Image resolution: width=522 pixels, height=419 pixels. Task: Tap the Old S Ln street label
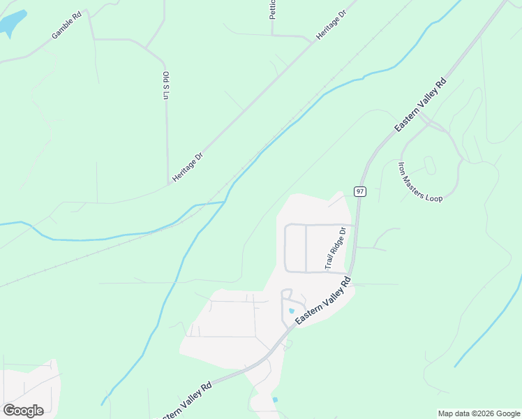click(x=166, y=85)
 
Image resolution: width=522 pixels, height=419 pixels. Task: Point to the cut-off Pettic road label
click(x=273, y=9)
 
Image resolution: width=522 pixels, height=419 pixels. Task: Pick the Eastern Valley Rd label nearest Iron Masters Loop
click(x=420, y=105)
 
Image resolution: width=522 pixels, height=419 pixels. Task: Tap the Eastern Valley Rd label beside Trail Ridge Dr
click(x=322, y=300)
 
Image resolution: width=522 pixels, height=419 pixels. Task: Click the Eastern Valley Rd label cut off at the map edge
click(x=186, y=400)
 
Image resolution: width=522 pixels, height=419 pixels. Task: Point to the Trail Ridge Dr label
click(x=336, y=249)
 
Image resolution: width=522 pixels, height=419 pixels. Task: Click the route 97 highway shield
click(x=359, y=191)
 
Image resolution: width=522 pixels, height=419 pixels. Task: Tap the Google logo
click(x=23, y=410)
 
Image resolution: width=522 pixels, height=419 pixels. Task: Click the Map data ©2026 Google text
click(x=479, y=413)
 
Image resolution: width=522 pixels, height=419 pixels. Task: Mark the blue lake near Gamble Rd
click(x=12, y=24)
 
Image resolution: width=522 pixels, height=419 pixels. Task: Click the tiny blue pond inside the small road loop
click(x=291, y=311)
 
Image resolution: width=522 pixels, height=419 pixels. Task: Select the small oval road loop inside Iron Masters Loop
click(x=429, y=166)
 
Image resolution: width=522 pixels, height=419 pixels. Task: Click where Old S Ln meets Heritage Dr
click(x=168, y=184)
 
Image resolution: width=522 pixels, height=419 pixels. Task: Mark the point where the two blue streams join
click(x=226, y=202)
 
